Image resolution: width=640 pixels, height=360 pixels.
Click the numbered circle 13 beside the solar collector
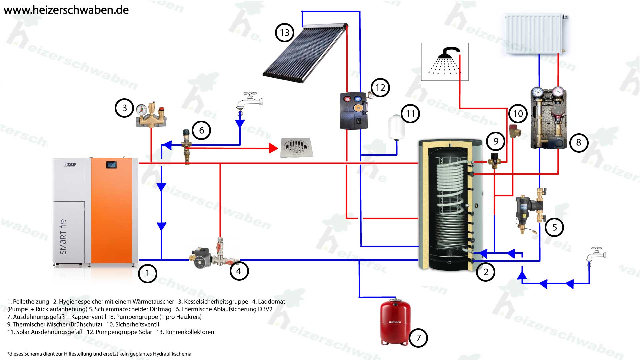(x=284, y=33)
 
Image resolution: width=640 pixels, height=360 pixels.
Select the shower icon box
(x=445, y=62)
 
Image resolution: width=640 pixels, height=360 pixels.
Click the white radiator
(x=534, y=33)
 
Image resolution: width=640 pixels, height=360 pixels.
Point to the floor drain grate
(x=296, y=147)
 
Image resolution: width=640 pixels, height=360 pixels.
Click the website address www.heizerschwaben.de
(x=66, y=10)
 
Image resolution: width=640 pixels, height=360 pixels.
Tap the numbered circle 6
(x=201, y=130)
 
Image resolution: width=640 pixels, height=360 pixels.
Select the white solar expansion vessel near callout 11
(x=396, y=127)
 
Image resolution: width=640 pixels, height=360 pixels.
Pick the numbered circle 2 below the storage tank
(x=486, y=272)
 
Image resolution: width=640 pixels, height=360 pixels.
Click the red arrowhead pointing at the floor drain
(x=273, y=148)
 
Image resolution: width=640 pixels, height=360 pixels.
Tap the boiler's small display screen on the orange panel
(x=111, y=165)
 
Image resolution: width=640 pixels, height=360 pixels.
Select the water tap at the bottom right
(x=596, y=256)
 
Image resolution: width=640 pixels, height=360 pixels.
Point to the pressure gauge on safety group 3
(x=142, y=109)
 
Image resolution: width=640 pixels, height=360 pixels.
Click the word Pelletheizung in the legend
(x=31, y=302)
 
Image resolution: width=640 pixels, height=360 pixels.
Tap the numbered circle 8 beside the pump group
(x=578, y=143)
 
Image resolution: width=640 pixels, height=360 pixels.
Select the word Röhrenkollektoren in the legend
(x=190, y=332)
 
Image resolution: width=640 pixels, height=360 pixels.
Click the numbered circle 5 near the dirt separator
(x=554, y=227)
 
